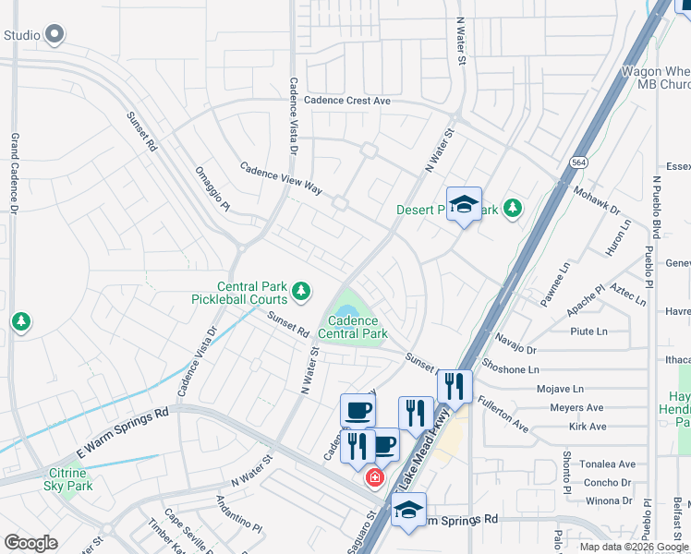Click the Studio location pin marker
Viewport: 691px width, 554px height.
pyautogui.click(x=55, y=36)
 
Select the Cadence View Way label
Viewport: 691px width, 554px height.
pyautogui.click(x=281, y=178)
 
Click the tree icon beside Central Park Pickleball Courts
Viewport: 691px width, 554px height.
pyautogui.click(x=300, y=293)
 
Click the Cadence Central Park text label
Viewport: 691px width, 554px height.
pyautogui.click(x=352, y=327)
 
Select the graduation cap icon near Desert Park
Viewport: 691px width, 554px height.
pyautogui.click(x=464, y=205)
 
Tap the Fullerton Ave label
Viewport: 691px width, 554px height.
pyautogui.click(x=503, y=415)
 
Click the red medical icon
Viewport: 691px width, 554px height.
pyautogui.click(x=374, y=478)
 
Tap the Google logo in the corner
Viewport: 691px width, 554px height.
pyautogui.click(x=30, y=543)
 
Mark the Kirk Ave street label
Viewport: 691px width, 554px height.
pyautogui.click(x=588, y=427)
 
